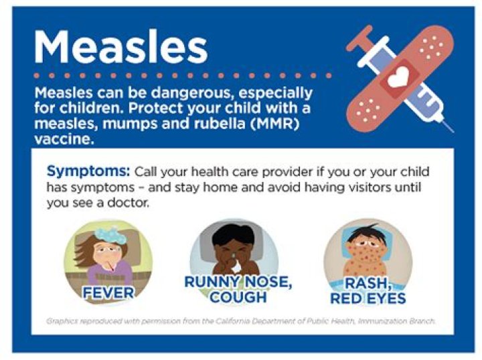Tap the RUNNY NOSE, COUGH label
coord(237,289)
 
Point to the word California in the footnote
coord(246,321)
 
